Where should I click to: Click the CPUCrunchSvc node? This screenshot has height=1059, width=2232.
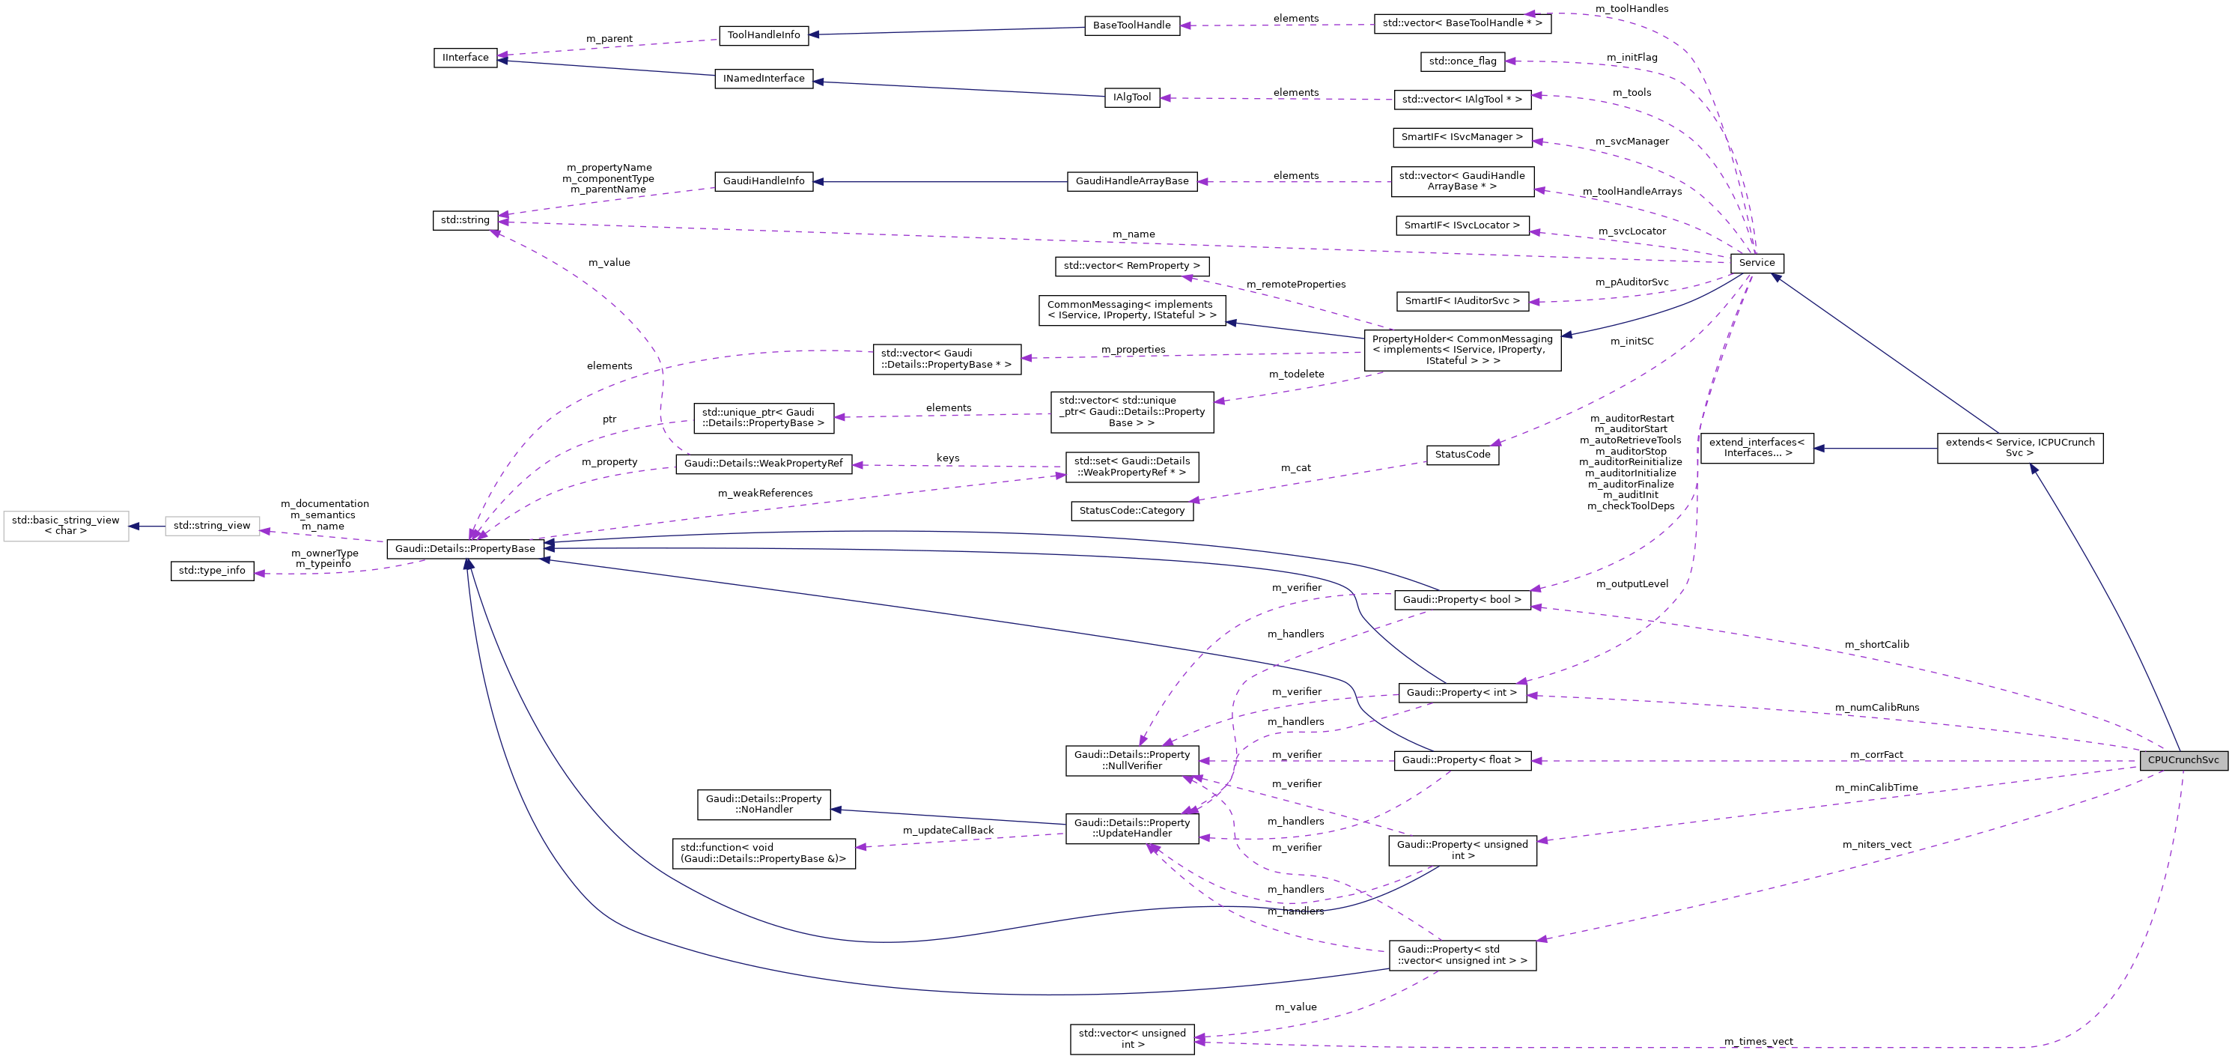(x=2183, y=760)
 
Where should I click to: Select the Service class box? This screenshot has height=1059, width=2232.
(x=1757, y=263)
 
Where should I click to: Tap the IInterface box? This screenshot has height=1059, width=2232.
(x=465, y=57)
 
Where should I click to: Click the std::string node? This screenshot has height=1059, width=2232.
(x=465, y=220)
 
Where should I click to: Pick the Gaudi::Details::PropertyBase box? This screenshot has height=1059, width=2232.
(x=465, y=548)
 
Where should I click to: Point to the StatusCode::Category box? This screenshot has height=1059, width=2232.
(x=1131, y=511)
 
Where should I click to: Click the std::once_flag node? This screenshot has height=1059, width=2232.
(x=1462, y=61)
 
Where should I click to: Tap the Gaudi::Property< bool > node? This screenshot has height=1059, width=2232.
(x=1462, y=600)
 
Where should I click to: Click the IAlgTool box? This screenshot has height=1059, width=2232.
(x=1131, y=97)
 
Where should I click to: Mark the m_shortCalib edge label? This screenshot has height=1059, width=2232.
(x=1876, y=645)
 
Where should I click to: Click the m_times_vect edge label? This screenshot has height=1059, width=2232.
(x=1758, y=1042)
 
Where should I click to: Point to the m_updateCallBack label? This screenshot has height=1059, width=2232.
(x=948, y=831)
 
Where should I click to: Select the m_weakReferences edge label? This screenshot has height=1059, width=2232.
(x=765, y=493)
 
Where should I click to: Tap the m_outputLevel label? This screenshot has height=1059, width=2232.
(x=1632, y=584)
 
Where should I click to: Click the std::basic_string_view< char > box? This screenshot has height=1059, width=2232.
(x=66, y=525)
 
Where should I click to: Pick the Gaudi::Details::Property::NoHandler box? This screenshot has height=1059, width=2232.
(x=764, y=804)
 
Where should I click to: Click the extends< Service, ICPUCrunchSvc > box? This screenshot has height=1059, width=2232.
(x=2019, y=447)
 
